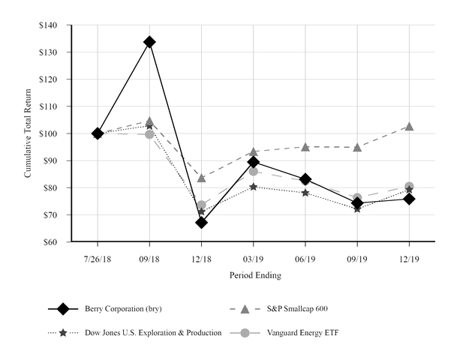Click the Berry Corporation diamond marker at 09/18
point(149,42)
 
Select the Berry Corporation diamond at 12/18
point(201,222)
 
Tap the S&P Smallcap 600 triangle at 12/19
point(409,127)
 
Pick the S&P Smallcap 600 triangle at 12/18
point(201,178)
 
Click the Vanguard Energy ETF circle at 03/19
point(254,171)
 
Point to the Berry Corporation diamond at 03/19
point(254,161)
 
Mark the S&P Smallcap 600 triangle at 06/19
point(305,146)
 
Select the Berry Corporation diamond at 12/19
point(409,199)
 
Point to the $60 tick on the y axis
point(50,242)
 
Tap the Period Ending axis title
point(255,275)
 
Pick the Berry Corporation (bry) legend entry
point(123,308)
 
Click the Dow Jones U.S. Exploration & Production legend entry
point(151,332)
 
